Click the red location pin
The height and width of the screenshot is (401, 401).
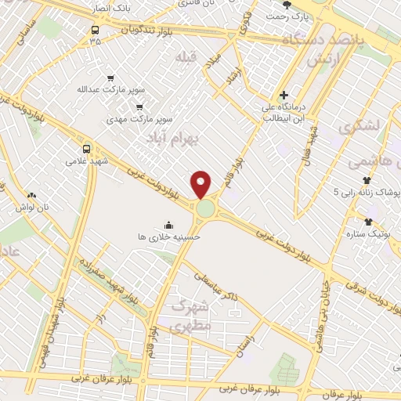[x=201, y=183]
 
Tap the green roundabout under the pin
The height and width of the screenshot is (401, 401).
[x=206, y=209]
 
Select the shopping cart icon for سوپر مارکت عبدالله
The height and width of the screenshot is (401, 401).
[x=110, y=78]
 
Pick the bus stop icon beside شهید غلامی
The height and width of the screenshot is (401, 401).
[x=86, y=147]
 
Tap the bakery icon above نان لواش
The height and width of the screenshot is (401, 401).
[x=31, y=194]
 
